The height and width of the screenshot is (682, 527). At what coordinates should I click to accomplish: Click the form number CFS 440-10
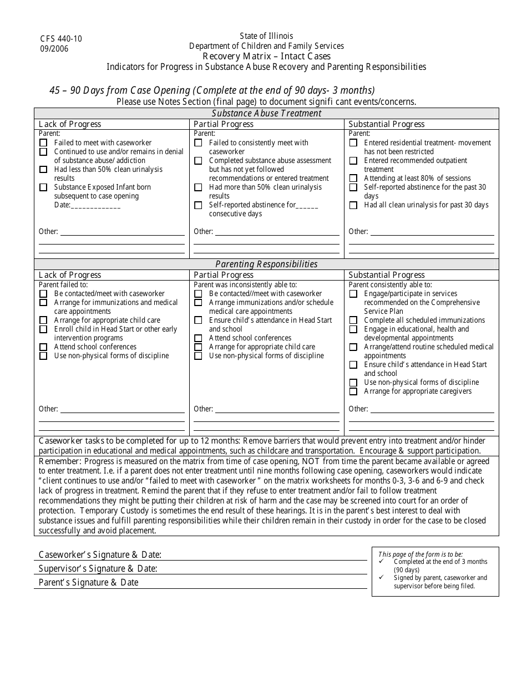point(60,39)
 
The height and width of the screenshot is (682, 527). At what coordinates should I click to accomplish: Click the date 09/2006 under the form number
point(54,48)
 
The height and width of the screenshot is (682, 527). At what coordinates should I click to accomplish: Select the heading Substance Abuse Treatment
point(266,113)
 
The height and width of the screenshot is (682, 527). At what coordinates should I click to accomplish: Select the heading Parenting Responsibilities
point(266,264)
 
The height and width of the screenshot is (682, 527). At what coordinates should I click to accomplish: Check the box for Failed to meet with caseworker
point(43,143)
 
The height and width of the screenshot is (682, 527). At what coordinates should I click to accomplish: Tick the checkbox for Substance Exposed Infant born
point(43,187)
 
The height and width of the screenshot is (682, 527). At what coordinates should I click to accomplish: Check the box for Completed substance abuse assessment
point(198,161)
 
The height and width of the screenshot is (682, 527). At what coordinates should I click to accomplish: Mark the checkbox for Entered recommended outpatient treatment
point(353,161)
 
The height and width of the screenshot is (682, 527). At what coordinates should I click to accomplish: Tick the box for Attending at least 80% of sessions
point(353,179)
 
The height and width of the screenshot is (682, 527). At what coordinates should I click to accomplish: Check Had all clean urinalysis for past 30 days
point(353,205)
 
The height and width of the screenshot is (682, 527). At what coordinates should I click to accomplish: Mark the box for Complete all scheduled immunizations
point(353,320)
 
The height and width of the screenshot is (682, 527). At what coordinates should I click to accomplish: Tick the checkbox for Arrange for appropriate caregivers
point(353,391)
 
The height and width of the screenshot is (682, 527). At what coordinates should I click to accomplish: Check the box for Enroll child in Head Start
point(43,329)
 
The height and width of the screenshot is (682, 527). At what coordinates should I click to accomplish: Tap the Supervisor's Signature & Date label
point(98,568)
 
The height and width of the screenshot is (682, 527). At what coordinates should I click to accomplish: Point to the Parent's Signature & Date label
point(88,582)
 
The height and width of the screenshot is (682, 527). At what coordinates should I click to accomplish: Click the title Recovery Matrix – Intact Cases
point(266,56)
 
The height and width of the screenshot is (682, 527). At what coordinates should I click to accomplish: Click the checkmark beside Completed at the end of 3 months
point(383,562)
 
